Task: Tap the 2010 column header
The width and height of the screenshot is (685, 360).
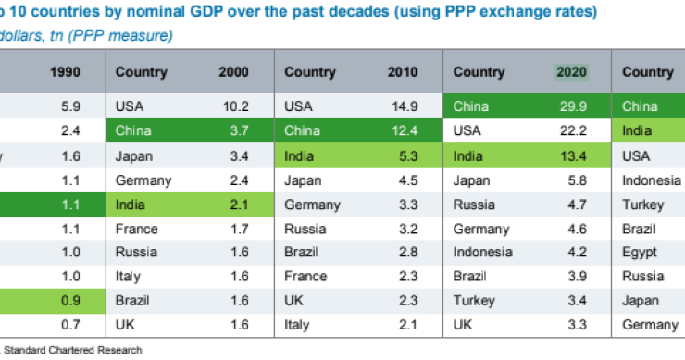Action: (x=403, y=72)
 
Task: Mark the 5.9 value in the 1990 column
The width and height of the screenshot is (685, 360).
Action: (x=73, y=106)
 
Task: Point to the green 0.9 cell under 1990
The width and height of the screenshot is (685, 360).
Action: (x=73, y=300)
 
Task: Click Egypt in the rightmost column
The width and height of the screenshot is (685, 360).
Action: (x=640, y=252)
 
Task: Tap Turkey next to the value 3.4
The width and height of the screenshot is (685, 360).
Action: (x=474, y=300)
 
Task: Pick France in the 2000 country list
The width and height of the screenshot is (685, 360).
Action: (x=136, y=228)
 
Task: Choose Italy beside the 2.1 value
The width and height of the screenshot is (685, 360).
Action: (x=297, y=325)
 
